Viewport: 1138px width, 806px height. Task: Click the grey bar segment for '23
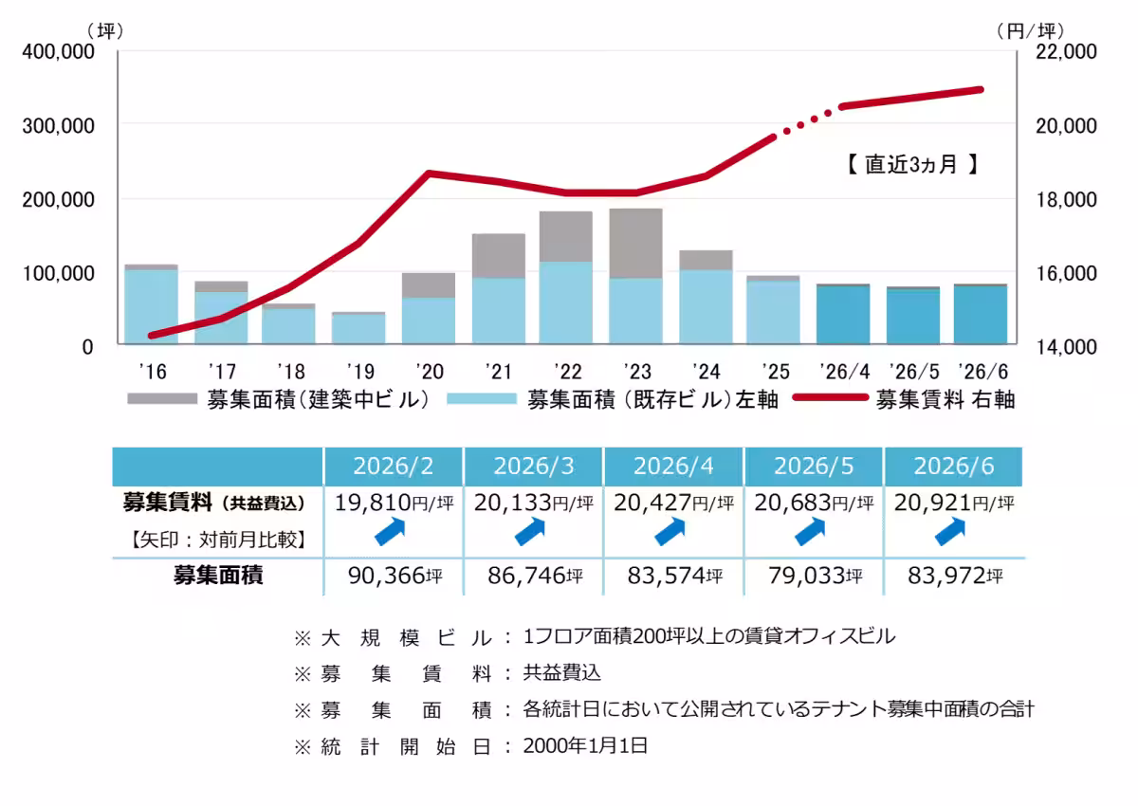coord(635,244)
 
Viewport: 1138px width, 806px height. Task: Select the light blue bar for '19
coord(358,329)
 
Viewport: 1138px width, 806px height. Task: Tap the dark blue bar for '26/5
coord(913,317)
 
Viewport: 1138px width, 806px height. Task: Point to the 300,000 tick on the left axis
coord(59,126)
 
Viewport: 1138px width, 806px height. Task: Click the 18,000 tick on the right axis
coord(1066,199)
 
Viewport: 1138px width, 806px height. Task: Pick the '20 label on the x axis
coord(430,372)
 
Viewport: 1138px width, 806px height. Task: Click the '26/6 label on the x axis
coord(982,372)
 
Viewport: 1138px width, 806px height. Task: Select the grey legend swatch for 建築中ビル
coord(162,399)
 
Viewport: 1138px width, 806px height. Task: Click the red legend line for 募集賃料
coord(830,397)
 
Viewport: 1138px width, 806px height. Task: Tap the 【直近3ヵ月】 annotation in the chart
coord(912,165)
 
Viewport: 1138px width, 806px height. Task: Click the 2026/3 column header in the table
coord(533,467)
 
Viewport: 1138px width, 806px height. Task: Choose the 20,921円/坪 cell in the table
coord(954,503)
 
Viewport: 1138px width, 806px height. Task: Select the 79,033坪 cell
coord(815,576)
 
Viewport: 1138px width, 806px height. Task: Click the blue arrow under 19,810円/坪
coord(390,532)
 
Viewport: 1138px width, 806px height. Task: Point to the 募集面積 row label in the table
coord(218,576)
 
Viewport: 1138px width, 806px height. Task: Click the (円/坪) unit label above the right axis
coord(1031,31)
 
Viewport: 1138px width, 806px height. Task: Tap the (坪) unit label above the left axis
coord(105,31)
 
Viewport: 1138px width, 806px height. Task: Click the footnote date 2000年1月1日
coord(585,746)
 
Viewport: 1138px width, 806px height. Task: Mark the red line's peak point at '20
coord(430,174)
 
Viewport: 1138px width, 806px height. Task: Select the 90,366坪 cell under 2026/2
coord(395,576)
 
